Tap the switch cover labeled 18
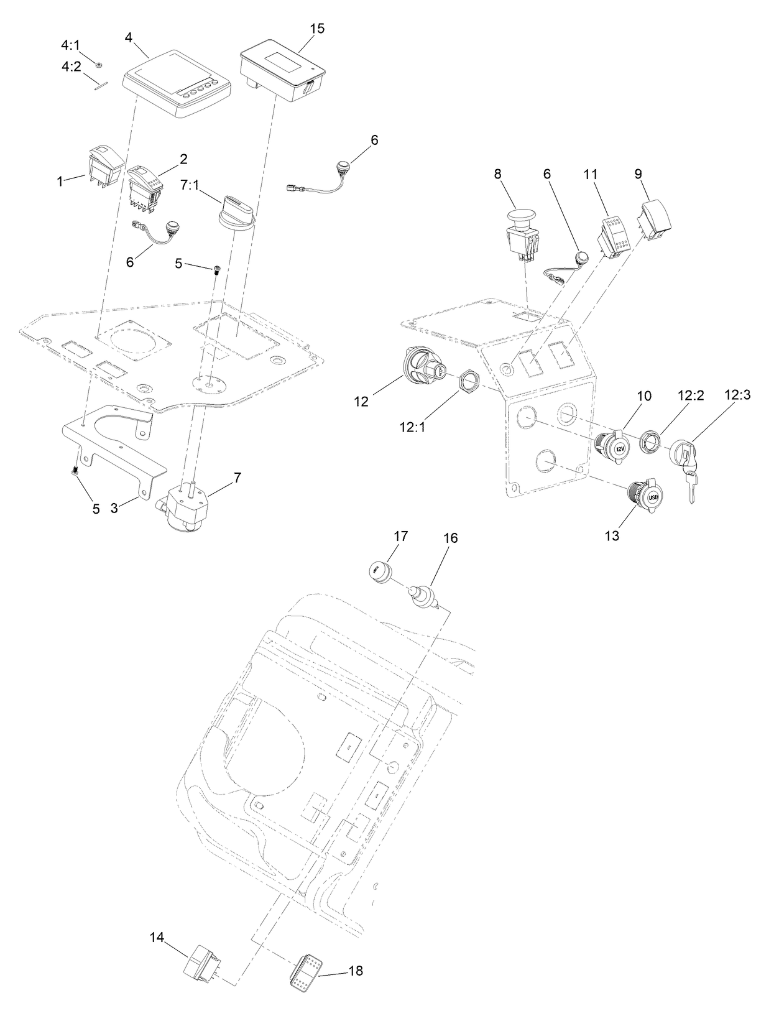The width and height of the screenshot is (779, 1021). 305,967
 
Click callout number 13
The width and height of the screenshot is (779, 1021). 612,536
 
